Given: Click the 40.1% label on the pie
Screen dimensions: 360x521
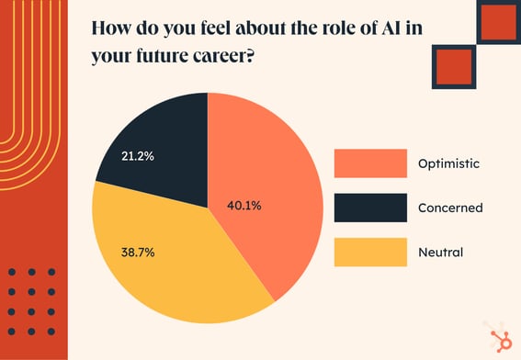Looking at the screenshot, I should click(x=245, y=206).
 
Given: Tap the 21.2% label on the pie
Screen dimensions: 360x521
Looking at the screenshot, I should click(x=138, y=156).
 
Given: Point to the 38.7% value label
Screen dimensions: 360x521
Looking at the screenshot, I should click(x=138, y=250).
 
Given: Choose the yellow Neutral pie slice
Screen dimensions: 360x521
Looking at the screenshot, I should click(x=175, y=276).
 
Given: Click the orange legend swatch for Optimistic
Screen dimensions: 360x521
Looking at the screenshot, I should click(x=370, y=163).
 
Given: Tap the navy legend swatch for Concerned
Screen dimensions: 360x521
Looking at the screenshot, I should click(x=370, y=208).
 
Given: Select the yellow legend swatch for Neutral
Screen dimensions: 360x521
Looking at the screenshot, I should click(x=370, y=252).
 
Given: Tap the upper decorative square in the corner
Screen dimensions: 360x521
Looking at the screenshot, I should click(x=498, y=21).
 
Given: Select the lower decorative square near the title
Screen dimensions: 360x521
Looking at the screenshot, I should click(x=453, y=65).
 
